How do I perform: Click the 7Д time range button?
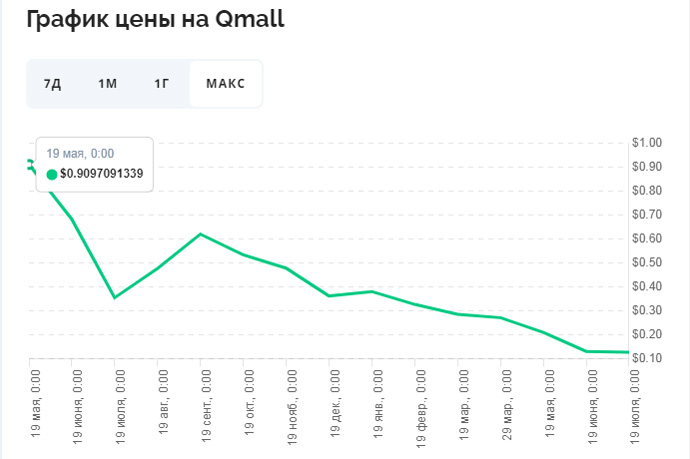[52, 83]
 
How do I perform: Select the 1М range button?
[107, 83]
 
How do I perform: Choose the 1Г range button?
[162, 83]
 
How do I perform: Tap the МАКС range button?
[226, 83]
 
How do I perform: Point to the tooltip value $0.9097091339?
[101, 174]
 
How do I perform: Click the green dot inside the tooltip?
[52, 174]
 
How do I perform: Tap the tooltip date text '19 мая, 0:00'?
[80, 154]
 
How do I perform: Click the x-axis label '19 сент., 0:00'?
[205, 405]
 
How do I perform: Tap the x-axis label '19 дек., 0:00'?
[334, 405]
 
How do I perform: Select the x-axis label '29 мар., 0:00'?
[506, 405]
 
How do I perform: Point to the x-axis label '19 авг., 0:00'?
[162, 403]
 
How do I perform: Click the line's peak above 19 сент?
[201, 234]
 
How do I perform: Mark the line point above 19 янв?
[372, 291]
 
